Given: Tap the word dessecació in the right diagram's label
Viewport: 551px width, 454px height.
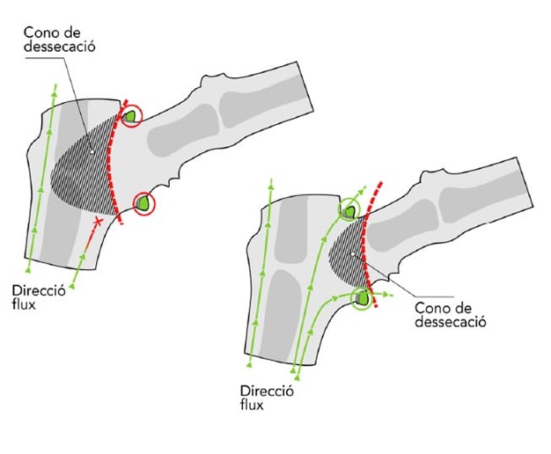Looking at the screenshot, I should pos(451,322).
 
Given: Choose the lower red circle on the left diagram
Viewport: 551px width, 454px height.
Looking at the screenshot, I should pos(143,205).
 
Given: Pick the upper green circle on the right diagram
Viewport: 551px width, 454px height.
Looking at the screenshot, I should pos(349,209).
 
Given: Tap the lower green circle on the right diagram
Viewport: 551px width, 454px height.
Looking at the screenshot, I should pos(362,299).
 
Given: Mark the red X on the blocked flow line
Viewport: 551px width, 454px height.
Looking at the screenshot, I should pos(98,224).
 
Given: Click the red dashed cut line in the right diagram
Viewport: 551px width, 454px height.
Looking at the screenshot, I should pos(371,246).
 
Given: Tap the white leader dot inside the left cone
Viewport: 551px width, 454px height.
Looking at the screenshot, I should pos(90,150).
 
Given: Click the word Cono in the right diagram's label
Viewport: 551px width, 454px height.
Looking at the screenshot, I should pos(430,308).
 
